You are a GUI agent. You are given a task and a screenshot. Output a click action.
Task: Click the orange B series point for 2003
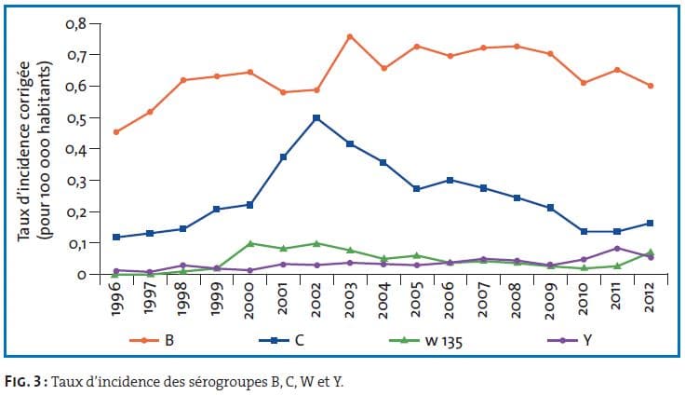pyautogui.click(x=349, y=36)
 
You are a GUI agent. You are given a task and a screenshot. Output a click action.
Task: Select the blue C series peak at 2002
pyautogui.click(x=317, y=117)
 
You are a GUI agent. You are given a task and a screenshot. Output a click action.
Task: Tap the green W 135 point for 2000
pyautogui.click(x=250, y=243)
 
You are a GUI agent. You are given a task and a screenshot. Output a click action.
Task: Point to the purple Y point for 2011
pyautogui.click(x=618, y=248)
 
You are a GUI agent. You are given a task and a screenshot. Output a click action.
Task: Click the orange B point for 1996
pyautogui.click(x=116, y=131)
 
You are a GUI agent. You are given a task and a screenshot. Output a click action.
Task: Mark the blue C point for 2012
pyautogui.click(x=650, y=224)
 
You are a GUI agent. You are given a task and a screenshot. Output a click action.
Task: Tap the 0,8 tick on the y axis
pyautogui.click(x=77, y=22)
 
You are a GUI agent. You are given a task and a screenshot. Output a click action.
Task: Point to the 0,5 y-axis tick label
pyautogui.click(x=77, y=117)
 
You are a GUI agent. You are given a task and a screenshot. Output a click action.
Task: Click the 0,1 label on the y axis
pyautogui.click(x=77, y=243)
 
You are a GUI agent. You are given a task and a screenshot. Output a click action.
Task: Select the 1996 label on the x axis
pyautogui.click(x=115, y=301)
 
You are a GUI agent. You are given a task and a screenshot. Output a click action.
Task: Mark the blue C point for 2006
pyautogui.click(x=450, y=180)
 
